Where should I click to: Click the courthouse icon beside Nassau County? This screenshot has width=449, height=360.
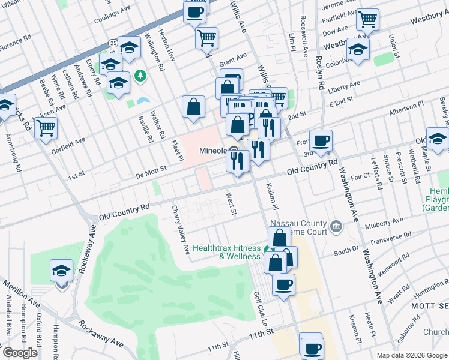click(336, 227)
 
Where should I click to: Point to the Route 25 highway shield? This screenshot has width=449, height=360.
click(113, 43)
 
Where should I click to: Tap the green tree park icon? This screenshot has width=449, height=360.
click(140, 76)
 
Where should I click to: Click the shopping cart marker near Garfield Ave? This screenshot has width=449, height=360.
click(46, 127)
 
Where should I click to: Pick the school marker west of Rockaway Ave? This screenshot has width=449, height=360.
click(61, 271)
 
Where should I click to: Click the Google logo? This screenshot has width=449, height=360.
click(19, 353)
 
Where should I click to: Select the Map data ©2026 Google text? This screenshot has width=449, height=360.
click(411, 355)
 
